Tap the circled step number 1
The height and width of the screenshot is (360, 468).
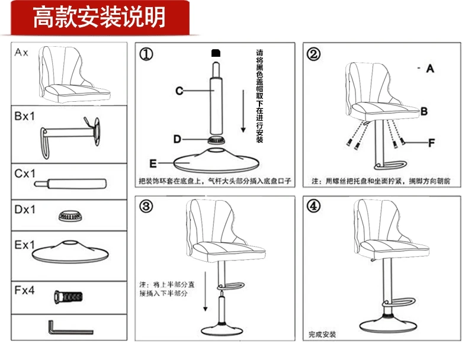[x=146, y=54]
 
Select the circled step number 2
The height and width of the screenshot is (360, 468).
[x=313, y=54]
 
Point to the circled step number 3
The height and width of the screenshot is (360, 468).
[x=146, y=206]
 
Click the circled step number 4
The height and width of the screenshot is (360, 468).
[x=313, y=206]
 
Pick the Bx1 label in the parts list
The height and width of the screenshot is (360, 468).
[x=24, y=117]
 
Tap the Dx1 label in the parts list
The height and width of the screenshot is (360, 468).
[x=24, y=210]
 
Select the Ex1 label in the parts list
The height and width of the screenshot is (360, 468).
[x=24, y=245]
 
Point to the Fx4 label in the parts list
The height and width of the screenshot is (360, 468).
[x=24, y=291]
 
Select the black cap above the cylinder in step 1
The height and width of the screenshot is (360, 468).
[x=214, y=53]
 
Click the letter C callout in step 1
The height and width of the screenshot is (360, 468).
[x=179, y=91]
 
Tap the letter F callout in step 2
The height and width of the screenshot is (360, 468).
[x=431, y=143]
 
